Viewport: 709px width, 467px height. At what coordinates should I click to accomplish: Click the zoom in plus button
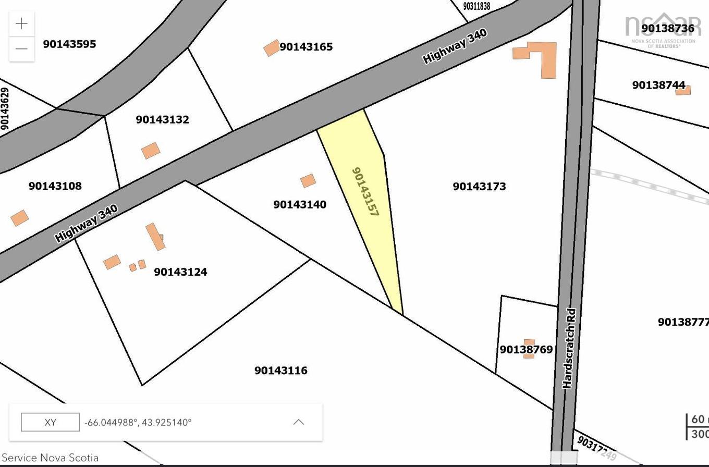(21, 24)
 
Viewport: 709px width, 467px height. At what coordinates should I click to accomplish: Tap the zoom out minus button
(21, 49)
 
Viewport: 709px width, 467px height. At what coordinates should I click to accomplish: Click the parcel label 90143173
(479, 187)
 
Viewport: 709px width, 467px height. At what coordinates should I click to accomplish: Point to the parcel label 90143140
(300, 204)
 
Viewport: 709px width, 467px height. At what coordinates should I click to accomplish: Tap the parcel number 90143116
(280, 371)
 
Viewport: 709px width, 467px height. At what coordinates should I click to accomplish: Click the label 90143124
(180, 272)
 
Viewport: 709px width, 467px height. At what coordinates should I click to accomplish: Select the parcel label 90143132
(162, 119)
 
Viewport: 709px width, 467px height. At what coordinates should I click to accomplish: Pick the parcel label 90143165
(306, 47)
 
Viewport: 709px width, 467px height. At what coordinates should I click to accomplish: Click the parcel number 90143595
(69, 44)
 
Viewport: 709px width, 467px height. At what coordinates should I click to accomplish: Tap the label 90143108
(55, 186)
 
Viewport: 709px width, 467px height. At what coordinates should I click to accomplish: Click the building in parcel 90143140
(308, 181)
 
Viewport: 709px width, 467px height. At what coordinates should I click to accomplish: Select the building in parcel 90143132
(151, 151)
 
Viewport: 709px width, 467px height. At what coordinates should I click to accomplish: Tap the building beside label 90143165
(272, 48)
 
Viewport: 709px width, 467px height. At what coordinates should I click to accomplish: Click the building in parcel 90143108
(20, 218)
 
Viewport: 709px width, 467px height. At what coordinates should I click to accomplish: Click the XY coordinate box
(50, 422)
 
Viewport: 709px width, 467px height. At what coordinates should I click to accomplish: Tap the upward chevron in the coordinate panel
(299, 422)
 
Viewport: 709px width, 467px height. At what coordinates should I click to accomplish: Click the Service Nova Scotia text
(50, 458)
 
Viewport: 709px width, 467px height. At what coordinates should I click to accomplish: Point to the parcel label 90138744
(658, 85)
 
